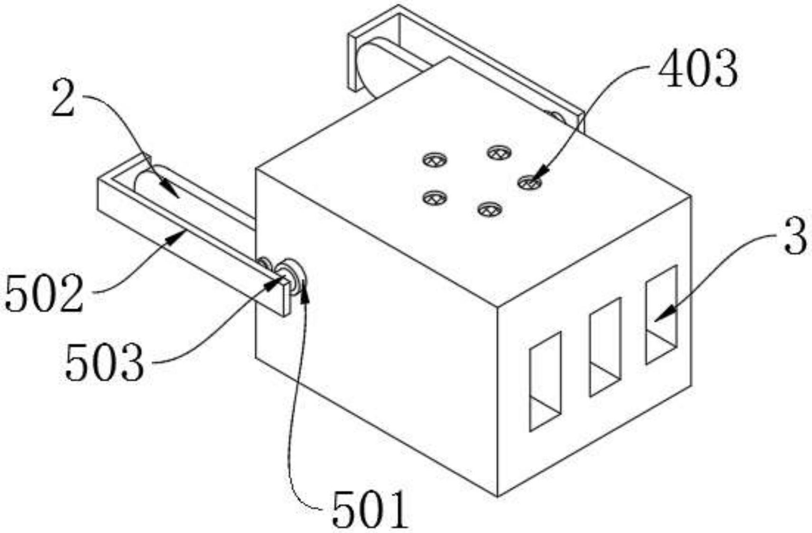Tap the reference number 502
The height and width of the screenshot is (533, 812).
pyautogui.click(x=44, y=294)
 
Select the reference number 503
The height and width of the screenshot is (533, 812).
pyautogui.click(x=104, y=363)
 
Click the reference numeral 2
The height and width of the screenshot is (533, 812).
pyautogui.click(x=64, y=98)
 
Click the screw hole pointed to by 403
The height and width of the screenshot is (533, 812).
pyautogui.click(x=529, y=182)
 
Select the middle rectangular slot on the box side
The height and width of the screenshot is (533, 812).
pyautogui.click(x=605, y=347)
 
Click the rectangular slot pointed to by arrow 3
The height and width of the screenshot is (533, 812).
pyautogui.click(x=661, y=314)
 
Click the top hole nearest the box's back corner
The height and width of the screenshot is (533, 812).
pyautogui.click(x=499, y=152)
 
